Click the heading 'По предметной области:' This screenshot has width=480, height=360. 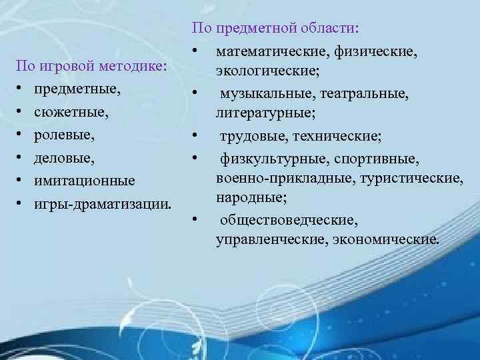[x=275, y=29]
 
